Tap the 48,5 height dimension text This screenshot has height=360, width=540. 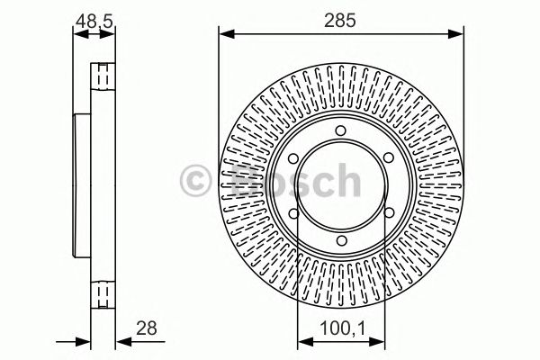click(93, 16)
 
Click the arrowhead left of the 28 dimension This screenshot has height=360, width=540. click(85, 342)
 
